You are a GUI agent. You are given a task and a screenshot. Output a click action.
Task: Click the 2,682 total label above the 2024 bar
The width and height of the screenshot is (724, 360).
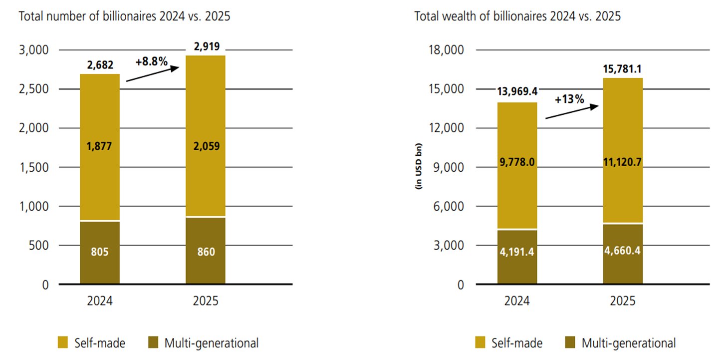pyautogui.click(x=100, y=64)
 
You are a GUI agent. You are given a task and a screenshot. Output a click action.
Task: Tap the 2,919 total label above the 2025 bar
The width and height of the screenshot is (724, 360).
pyautogui.click(x=205, y=47)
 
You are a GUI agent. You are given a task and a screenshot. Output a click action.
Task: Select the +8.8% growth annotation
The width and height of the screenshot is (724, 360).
pyautogui.click(x=151, y=62)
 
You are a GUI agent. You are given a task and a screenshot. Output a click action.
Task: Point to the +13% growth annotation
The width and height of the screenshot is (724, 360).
pyautogui.click(x=569, y=99)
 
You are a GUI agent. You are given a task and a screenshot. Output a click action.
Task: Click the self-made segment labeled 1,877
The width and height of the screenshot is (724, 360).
pyautogui.click(x=100, y=147)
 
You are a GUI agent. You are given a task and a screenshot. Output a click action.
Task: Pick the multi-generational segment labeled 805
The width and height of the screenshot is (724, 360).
pyautogui.click(x=100, y=252)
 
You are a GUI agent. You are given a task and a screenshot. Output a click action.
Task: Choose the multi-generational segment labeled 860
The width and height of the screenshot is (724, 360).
pyautogui.click(x=205, y=252)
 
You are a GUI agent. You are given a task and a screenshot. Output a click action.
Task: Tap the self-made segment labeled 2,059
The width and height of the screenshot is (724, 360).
pyautogui.click(x=205, y=147)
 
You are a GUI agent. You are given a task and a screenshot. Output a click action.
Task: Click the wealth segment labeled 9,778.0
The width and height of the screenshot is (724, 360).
pyautogui.click(x=517, y=162)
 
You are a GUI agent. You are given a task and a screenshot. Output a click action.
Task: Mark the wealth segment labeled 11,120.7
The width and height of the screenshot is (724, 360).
pyautogui.click(x=623, y=162)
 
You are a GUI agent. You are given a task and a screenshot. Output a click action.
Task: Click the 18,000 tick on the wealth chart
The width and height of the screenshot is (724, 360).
pyautogui.click(x=446, y=50)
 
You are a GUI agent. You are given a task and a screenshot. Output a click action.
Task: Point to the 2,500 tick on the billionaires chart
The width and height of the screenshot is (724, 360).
pyautogui.click(x=34, y=89)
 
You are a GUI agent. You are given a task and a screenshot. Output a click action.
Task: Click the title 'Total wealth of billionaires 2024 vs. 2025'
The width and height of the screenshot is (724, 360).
pyautogui.click(x=517, y=16)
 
